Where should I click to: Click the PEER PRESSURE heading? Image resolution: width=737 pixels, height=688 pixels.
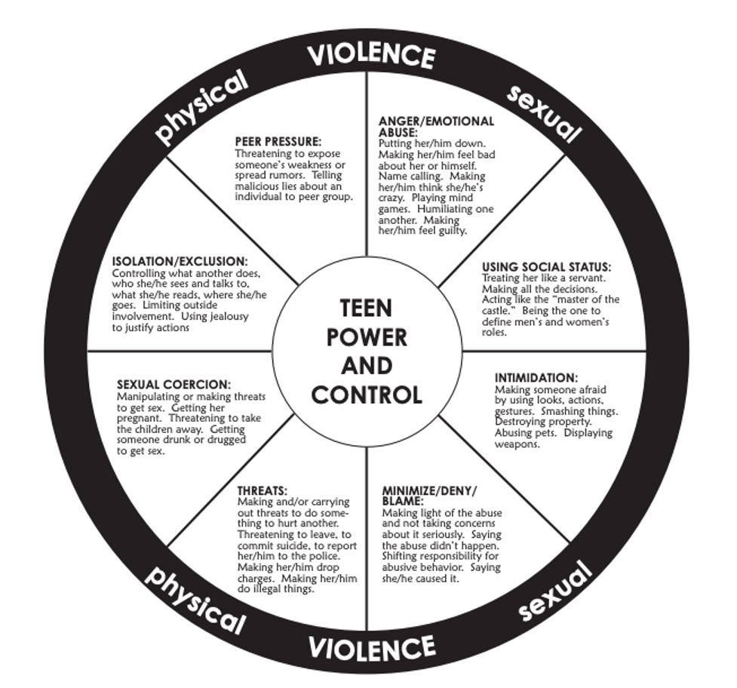278,141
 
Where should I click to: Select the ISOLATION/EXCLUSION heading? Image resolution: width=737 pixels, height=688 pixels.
180,262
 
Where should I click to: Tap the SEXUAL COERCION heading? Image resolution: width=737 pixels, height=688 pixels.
174,385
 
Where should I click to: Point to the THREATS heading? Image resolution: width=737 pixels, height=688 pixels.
263,490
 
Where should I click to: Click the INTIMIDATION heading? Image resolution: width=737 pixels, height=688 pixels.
536,377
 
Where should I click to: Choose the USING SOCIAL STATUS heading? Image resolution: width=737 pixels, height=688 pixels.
546,267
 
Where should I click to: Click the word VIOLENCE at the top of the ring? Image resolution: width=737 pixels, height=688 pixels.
371,54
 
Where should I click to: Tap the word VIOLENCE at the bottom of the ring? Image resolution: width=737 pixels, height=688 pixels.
372,647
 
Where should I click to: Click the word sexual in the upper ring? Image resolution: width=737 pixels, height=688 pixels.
544,114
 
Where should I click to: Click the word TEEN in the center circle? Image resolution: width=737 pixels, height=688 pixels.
367,309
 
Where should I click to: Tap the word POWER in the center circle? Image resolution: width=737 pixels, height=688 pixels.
367,337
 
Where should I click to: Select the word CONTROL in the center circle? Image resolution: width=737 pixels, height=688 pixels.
367,395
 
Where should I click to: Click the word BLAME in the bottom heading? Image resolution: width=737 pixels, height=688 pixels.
403,501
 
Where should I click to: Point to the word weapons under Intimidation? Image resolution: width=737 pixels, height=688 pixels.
517,444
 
